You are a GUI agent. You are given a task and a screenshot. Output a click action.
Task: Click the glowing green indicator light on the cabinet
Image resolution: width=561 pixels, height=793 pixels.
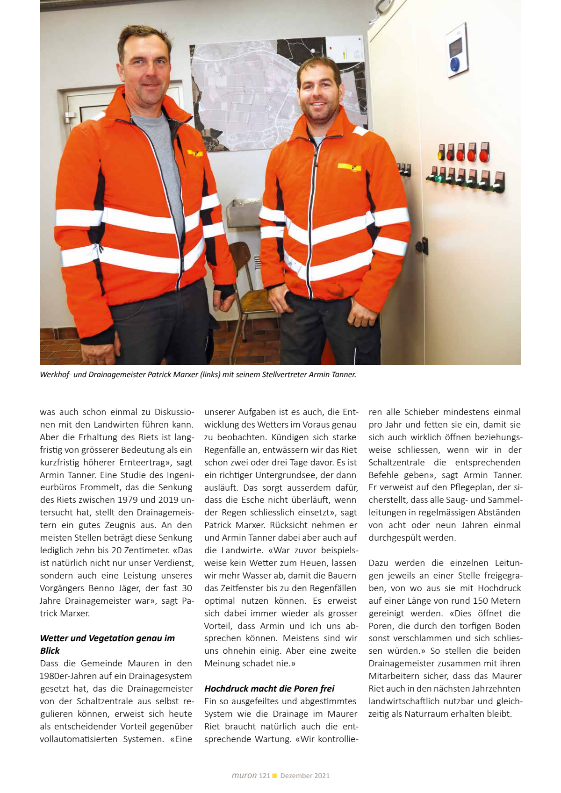[x=439, y=178]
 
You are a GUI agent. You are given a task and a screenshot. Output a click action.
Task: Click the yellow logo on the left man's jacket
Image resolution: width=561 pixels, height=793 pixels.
[x=194, y=153]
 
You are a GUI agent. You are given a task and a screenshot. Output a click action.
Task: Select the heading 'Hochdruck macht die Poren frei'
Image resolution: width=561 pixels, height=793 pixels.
[x=269, y=688]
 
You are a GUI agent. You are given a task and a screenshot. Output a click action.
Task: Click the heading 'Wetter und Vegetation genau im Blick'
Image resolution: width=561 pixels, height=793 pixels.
[x=107, y=644]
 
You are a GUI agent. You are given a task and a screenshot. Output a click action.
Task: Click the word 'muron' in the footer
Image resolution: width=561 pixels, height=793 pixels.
[x=244, y=775]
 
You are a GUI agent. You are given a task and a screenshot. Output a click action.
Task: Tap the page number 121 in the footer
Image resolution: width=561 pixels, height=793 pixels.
[x=265, y=776]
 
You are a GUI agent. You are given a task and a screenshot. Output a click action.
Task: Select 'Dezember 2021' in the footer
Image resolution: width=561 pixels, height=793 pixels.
[x=305, y=776]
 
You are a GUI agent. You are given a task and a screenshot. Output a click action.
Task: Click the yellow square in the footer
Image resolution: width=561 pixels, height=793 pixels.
[x=275, y=776]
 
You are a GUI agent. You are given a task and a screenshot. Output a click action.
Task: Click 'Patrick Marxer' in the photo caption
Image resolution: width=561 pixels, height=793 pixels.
[x=173, y=374]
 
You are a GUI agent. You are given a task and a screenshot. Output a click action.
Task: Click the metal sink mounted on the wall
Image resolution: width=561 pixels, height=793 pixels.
[x=243, y=213]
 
